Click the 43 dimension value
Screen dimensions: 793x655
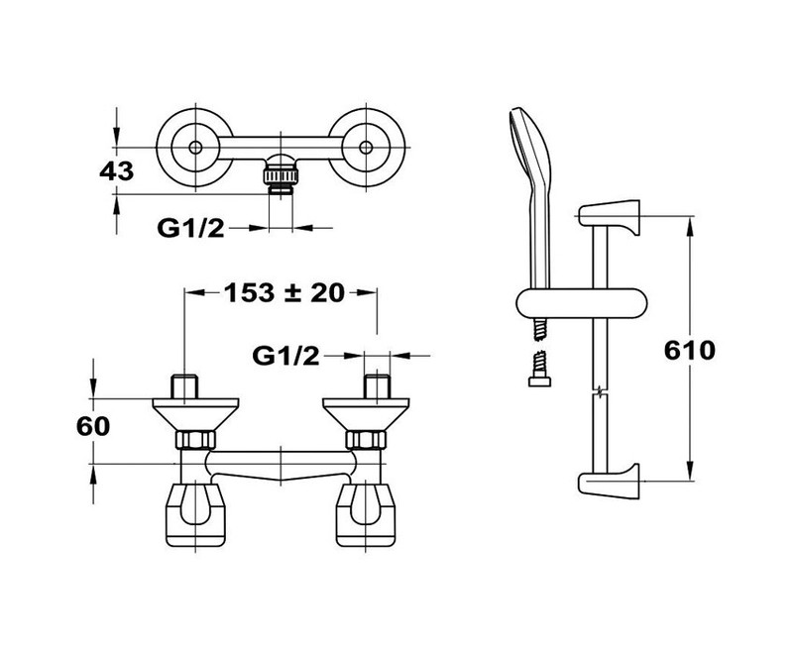(116, 170)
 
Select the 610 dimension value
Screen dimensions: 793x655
(690, 350)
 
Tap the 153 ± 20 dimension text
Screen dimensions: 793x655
(284, 292)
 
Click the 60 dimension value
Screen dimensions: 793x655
(93, 426)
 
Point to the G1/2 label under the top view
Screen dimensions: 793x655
(190, 228)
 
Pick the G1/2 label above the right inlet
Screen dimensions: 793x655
(285, 356)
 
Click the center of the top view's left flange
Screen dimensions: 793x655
(194, 148)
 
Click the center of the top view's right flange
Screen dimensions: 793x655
(366, 148)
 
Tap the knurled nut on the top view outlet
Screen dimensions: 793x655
(281, 177)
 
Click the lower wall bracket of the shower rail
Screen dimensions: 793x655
(610, 481)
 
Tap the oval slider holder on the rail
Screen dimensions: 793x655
(582, 304)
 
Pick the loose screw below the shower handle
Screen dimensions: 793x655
(539, 369)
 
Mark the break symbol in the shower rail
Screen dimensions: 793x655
(600, 391)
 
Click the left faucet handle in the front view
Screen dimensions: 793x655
(195, 515)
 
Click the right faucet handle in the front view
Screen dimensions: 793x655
(366, 515)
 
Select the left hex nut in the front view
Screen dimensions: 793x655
(195, 439)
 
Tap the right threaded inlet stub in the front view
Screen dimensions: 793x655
(377, 386)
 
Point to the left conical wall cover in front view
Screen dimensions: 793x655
(195, 414)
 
